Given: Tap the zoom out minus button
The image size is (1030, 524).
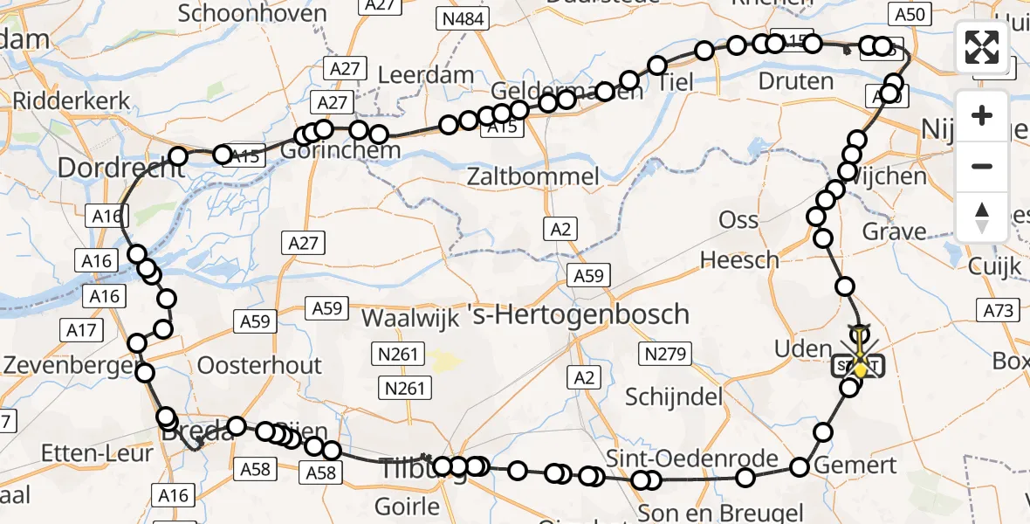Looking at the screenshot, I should [982, 166].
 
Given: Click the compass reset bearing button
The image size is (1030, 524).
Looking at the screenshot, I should [982, 217].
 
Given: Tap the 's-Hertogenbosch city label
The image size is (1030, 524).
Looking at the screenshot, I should [591, 314].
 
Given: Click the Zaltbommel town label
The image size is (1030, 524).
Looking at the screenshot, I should [533, 176].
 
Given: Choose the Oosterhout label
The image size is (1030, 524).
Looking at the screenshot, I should [260, 364].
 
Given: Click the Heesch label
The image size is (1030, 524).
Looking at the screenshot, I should [739, 259].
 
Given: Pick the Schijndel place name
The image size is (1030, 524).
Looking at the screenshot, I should [675, 396].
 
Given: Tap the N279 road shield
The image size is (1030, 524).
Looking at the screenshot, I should [668, 355].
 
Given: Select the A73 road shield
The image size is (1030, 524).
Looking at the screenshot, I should [999, 310].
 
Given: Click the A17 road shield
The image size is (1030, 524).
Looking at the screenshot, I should [80, 330].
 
